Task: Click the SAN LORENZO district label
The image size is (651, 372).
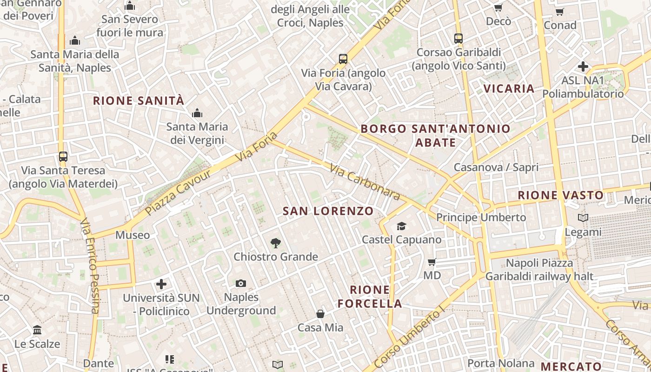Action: [x=328, y=211]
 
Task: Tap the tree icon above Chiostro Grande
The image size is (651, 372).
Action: [x=276, y=243]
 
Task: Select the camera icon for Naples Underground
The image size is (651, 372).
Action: [x=241, y=283]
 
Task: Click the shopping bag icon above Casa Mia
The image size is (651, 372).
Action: [x=320, y=314]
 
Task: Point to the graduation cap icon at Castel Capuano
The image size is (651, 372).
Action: [x=401, y=226]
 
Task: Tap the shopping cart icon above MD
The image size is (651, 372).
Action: [x=432, y=262]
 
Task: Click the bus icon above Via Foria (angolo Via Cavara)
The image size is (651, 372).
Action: [x=343, y=59]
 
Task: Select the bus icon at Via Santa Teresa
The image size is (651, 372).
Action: [x=63, y=157]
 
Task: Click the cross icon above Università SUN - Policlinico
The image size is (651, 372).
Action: [x=161, y=284]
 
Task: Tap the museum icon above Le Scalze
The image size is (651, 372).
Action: [x=37, y=330]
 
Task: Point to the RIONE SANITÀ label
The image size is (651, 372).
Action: [x=139, y=100]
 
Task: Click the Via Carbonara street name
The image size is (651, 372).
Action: [x=365, y=182]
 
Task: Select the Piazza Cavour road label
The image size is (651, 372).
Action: [x=178, y=193]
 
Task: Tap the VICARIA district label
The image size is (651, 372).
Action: [x=509, y=88]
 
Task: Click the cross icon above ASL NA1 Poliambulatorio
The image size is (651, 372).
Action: [x=583, y=66]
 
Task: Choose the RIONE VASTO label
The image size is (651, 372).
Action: [x=561, y=195]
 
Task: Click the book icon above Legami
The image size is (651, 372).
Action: [x=583, y=218]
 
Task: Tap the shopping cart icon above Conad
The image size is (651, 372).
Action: [x=560, y=12]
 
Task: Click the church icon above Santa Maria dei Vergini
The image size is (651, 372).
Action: [x=197, y=113]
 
